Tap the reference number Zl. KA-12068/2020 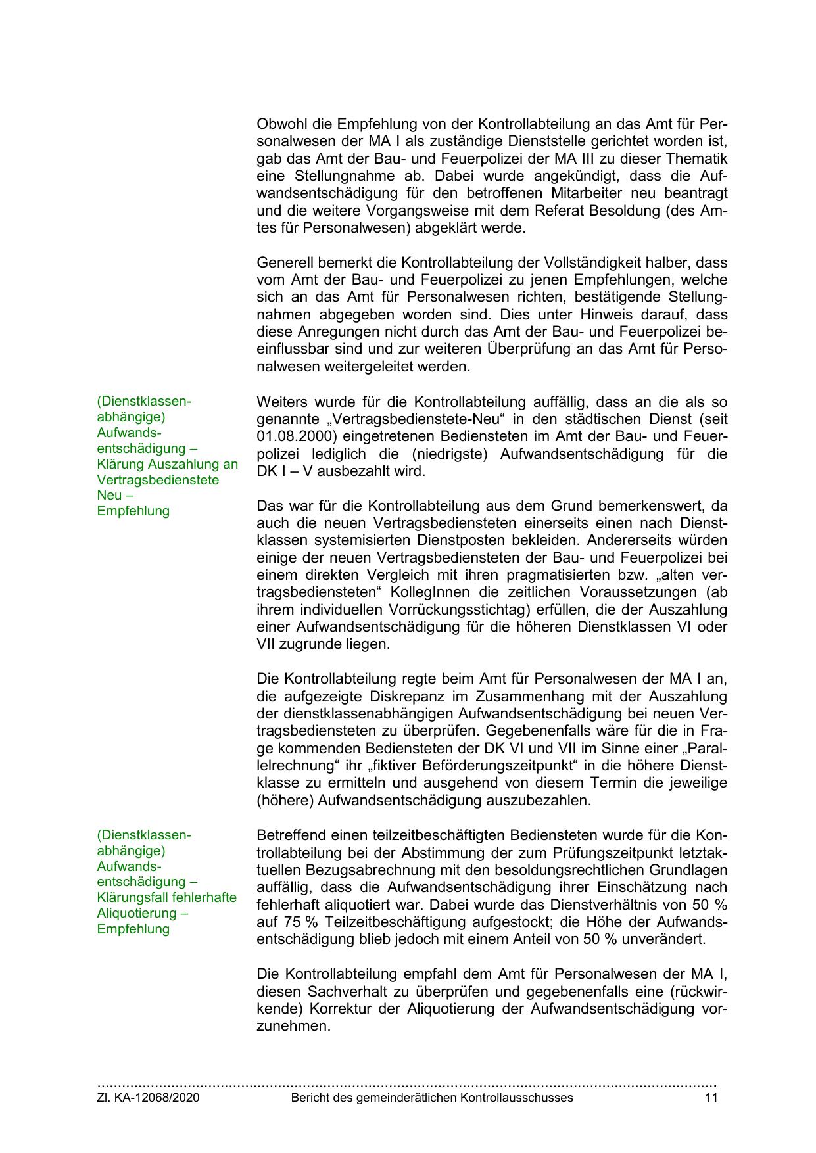(148, 1097)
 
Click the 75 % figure (271, 922)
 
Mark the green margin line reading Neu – (115, 495)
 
